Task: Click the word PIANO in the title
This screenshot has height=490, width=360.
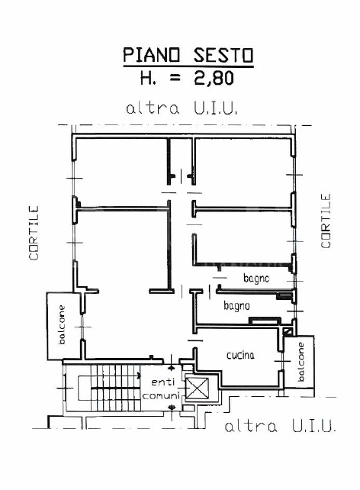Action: [x=150, y=55]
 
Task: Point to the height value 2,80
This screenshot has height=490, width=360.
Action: [x=213, y=77]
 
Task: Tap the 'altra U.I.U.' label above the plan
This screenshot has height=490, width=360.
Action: [x=182, y=108]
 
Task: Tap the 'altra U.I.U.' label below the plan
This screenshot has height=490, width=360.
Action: [x=279, y=426]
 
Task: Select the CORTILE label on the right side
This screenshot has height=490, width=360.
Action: [x=326, y=221]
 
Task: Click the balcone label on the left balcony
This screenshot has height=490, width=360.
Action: [x=62, y=324]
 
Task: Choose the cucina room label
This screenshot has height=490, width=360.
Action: [x=240, y=355]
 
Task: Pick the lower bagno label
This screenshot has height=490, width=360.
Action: [x=236, y=305]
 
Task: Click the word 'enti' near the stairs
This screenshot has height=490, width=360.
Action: [x=162, y=382]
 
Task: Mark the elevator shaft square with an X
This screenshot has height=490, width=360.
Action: [x=197, y=389]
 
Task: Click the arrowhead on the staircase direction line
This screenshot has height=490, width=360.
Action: [x=138, y=376]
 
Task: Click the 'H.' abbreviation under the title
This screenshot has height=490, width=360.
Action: [x=149, y=77]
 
